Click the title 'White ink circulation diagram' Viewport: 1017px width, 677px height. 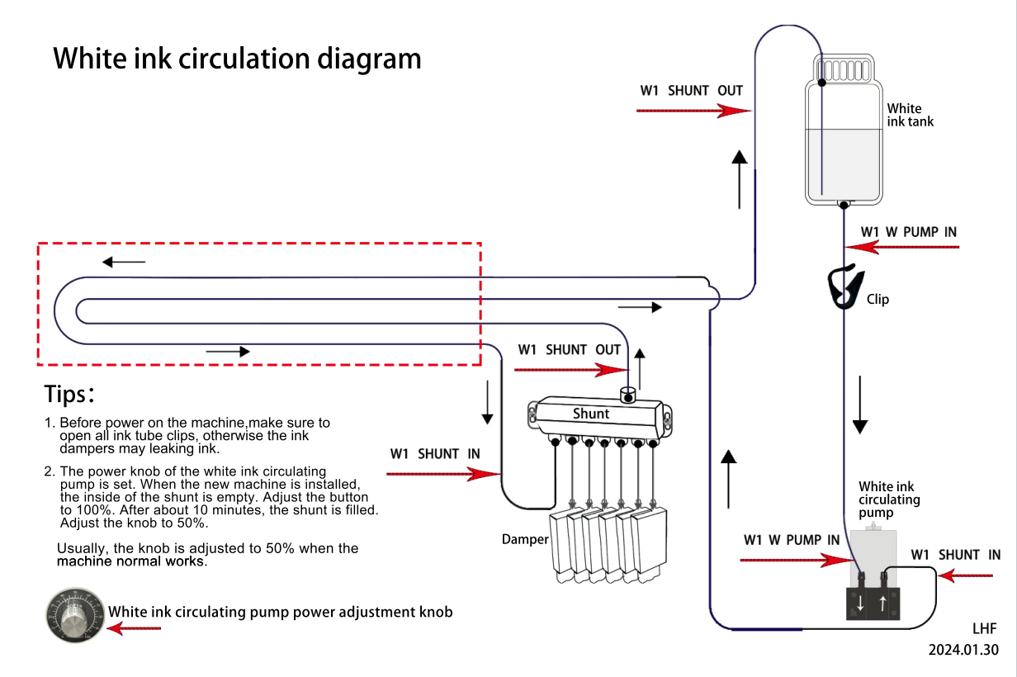[x=237, y=59]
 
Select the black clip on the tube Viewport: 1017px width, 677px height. [x=844, y=286]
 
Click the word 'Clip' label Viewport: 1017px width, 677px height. [x=877, y=299]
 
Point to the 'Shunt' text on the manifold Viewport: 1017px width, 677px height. [x=591, y=414]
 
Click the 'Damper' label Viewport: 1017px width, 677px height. [x=525, y=539]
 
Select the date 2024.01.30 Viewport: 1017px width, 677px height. [x=963, y=650]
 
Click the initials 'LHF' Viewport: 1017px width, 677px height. [x=984, y=628]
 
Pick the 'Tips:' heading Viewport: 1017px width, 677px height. [x=70, y=394]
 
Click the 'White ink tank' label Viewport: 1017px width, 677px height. [x=910, y=115]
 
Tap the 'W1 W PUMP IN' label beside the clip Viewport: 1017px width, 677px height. [x=908, y=232]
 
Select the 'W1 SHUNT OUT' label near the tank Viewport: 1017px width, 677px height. [x=691, y=91]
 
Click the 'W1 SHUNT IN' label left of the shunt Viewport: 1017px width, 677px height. [x=435, y=454]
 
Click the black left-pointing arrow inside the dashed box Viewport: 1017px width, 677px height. [x=124, y=263]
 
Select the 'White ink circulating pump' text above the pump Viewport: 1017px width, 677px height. [x=889, y=499]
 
